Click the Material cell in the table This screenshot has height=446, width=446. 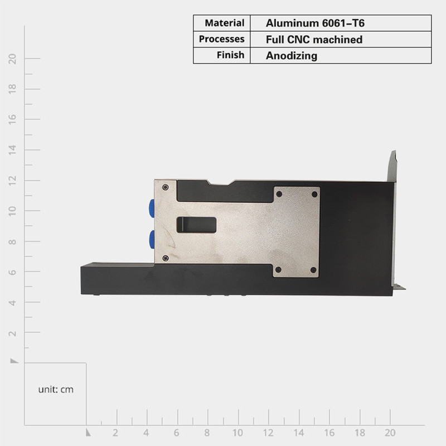click(x=225, y=23)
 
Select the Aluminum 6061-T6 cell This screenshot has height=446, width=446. click(x=315, y=23)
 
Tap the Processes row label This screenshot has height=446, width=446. click(x=221, y=39)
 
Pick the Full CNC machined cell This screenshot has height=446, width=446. click(x=314, y=40)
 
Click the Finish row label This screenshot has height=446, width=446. click(x=230, y=55)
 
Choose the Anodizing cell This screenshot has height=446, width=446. click(x=292, y=56)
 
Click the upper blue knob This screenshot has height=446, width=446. click(x=152, y=209)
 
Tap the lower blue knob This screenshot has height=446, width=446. click(x=152, y=240)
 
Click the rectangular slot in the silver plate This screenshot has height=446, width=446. click(x=196, y=225)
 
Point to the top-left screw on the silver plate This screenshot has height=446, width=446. click(x=165, y=187)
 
